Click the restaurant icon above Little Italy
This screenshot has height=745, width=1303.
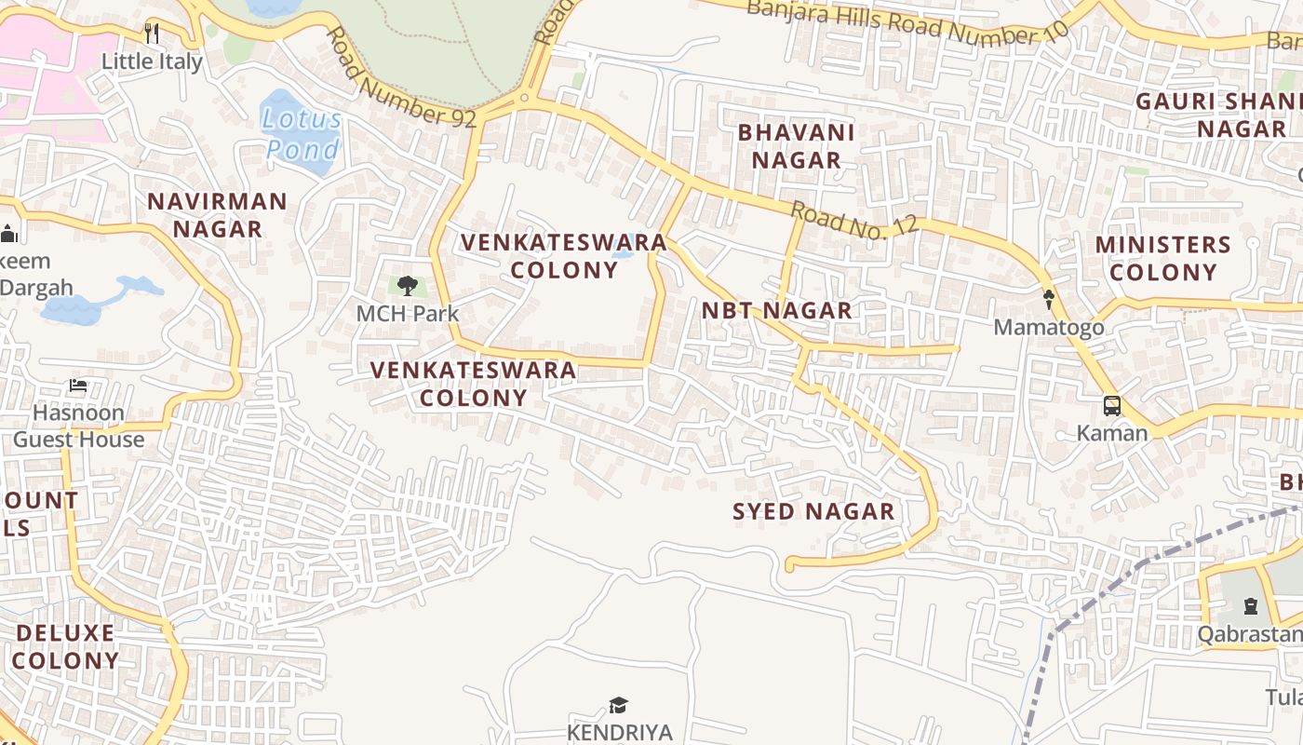click(x=152, y=34)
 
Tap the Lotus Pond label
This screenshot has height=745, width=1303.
click(x=302, y=134)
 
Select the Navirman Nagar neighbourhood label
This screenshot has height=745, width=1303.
click(x=217, y=215)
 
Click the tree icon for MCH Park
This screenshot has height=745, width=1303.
click(x=407, y=286)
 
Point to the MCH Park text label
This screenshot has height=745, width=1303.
click(x=408, y=314)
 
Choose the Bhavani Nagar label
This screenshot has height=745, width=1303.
click(x=796, y=146)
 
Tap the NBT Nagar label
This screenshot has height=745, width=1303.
click(x=776, y=311)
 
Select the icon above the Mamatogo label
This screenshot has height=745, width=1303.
click(x=1049, y=300)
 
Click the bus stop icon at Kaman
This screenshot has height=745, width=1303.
click(x=1111, y=406)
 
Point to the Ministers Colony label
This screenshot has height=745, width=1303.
click(x=1162, y=258)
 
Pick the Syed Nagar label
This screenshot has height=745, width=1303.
click(x=813, y=511)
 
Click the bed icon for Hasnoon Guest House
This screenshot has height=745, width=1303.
click(x=78, y=386)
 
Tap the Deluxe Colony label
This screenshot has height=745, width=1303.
click(x=65, y=647)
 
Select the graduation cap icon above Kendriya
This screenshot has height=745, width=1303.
click(x=619, y=705)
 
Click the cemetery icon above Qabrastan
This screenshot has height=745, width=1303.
click(x=1250, y=606)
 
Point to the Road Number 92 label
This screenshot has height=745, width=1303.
click(x=400, y=78)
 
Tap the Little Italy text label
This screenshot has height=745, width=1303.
click(x=152, y=62)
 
